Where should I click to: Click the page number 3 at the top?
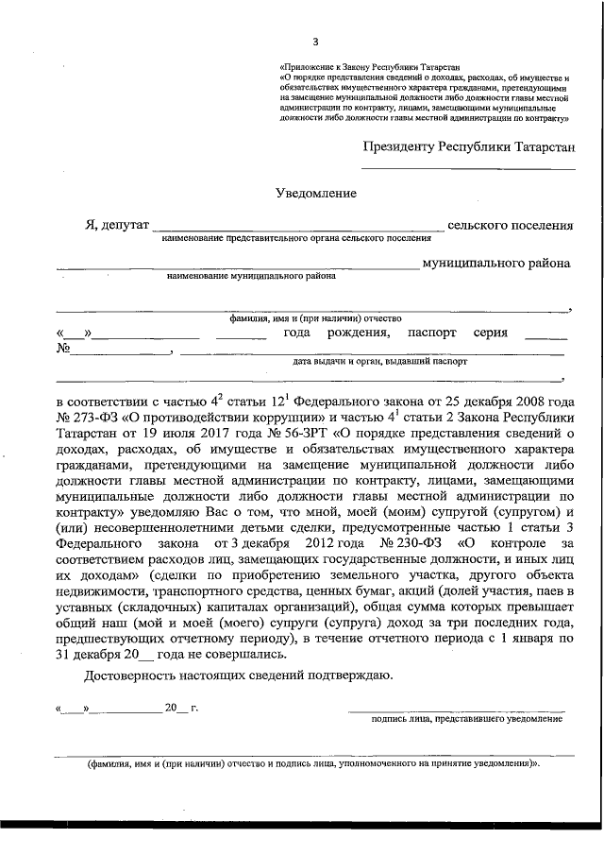316,41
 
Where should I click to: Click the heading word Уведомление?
316,194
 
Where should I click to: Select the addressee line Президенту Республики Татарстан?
468,146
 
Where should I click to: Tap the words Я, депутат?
116,225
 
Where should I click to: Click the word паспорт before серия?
431,333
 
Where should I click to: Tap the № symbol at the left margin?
65,349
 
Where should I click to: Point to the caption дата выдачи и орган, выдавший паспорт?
380,361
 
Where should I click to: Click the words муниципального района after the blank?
496,264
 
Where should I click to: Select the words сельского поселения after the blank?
510,225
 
